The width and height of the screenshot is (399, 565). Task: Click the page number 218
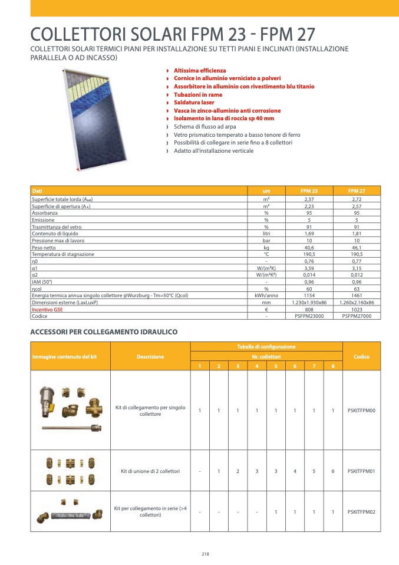[205, 554]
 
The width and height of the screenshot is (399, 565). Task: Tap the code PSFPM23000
[309, 316]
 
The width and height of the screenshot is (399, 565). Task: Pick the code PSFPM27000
[357, 316]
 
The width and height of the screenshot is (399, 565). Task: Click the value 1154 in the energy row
[309, 295]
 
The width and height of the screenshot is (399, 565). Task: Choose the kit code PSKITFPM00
[361, 410]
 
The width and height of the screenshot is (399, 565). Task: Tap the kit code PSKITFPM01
[361, 471]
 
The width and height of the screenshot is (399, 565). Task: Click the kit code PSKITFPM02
[361, 512]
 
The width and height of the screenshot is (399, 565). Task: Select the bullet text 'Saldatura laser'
[194, 103]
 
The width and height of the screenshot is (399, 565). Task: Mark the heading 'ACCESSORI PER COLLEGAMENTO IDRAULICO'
[104, 333]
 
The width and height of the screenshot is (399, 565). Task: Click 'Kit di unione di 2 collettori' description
[150, 471]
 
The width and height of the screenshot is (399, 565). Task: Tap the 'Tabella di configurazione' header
[266, 346]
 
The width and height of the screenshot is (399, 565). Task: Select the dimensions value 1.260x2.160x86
[357, 302]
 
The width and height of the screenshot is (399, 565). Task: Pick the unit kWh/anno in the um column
[266, 295]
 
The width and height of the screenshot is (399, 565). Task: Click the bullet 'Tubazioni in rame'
[198, 94]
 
